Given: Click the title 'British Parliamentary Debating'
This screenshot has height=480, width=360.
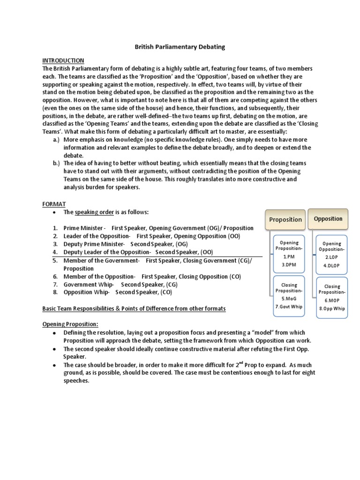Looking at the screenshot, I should coord(180,47).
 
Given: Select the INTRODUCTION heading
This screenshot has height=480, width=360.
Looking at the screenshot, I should coord(63,60).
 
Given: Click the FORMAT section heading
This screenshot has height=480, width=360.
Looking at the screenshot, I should coord(54,204).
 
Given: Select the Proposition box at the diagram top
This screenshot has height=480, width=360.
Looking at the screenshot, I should coord(285,219).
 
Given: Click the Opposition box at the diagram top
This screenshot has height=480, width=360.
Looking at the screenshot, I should coord(328,219).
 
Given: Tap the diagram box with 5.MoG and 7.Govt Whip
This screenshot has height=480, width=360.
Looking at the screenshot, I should coord(289,295).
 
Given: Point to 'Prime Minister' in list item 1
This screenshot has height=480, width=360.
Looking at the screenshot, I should coord(84,228).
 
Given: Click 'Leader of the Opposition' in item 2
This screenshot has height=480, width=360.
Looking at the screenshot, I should coord(97,236).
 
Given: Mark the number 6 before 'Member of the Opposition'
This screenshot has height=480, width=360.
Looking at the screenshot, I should coord(55,277).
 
